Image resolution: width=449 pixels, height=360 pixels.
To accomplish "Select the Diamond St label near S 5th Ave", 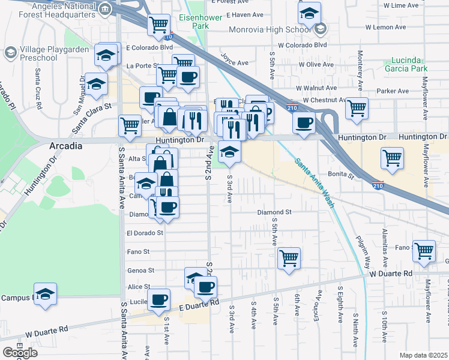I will (274, 212).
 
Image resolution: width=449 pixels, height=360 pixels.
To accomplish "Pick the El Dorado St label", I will (145, 232).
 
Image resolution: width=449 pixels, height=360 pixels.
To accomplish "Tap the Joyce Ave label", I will (234, 62).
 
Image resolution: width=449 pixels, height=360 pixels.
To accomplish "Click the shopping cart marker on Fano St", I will (424, 250).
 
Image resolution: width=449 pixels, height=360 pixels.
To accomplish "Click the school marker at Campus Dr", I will (45, 294).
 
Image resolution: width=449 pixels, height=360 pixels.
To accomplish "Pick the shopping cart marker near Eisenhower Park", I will (159, 25).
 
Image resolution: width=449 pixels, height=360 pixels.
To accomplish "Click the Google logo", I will (20, 353).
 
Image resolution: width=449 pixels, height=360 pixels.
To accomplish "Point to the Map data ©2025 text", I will (423, 355).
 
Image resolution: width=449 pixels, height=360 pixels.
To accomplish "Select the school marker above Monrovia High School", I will (309, 13).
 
